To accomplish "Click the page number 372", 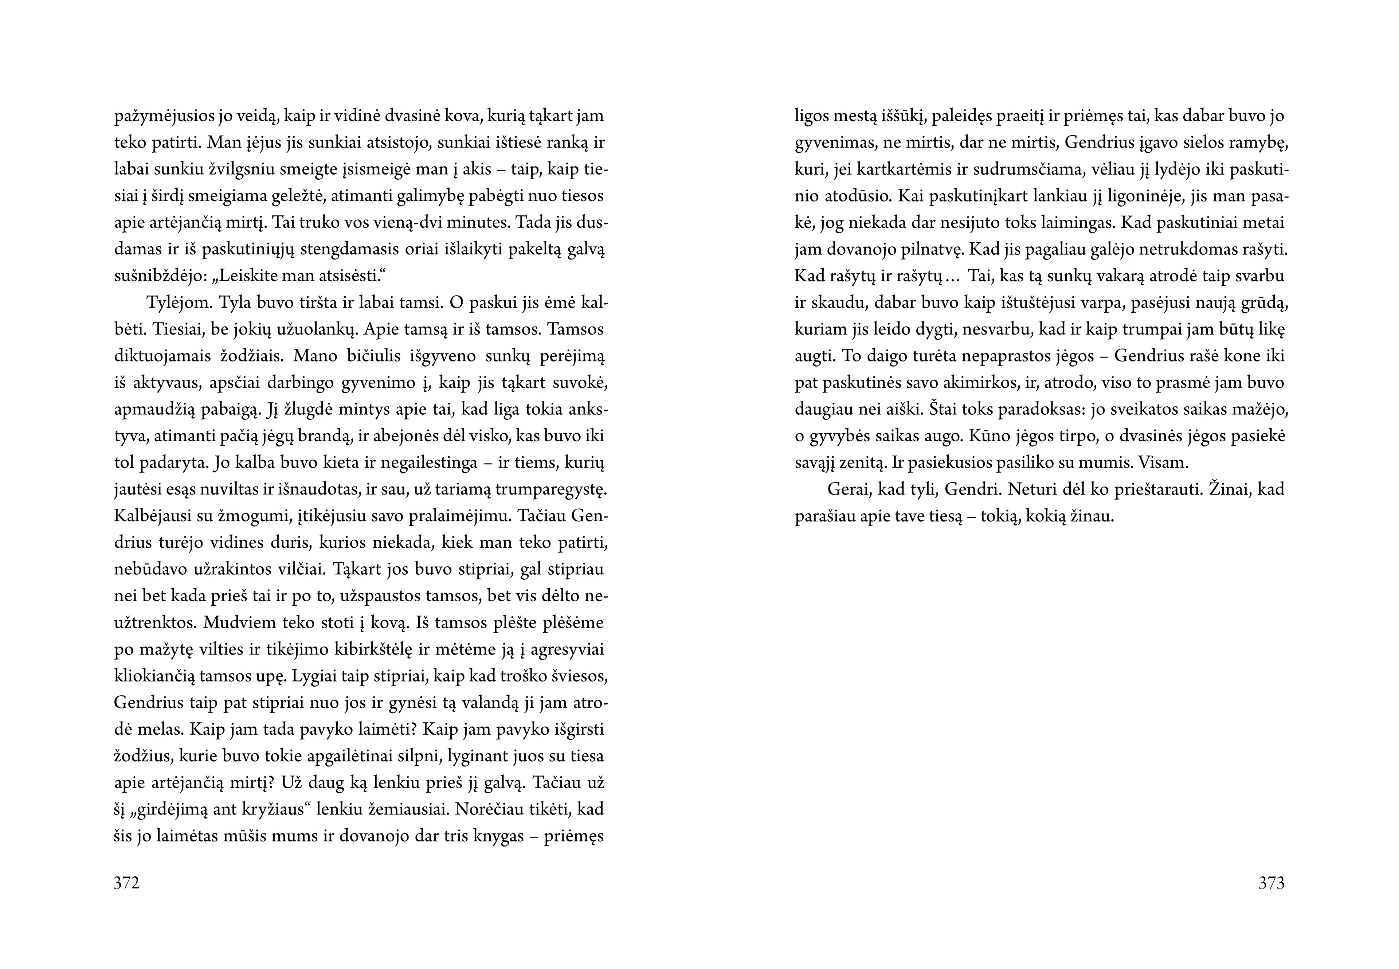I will click(x=127, y=883).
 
